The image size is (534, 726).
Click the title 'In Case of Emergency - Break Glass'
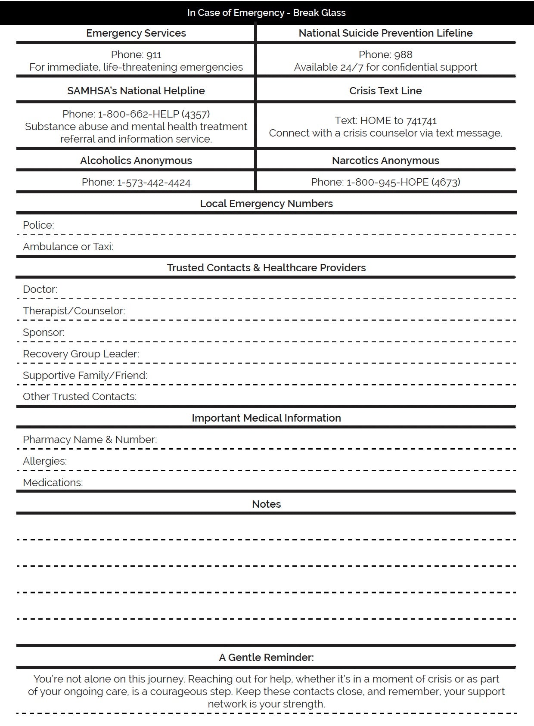coord(266,12)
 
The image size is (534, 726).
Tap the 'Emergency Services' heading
coord(136,33)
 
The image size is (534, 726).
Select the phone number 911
coord(154,55)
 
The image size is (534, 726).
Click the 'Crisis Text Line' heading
coord(385,91)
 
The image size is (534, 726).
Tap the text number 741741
coord(421,121)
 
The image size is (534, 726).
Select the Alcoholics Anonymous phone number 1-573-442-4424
coord(154,182)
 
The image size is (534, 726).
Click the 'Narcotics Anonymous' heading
coord(385,161)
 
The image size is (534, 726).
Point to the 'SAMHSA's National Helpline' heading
coord(136,91)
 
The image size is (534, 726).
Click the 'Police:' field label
coord(38,225)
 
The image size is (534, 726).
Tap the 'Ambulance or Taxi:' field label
coord(68,247)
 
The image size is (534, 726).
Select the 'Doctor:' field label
coord(40,289)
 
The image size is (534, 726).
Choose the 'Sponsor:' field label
coord(43,332)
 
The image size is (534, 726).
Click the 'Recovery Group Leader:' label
coord(81,354)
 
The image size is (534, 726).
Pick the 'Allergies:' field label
coord(45,461)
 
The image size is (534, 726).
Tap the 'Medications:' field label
coord(53,483)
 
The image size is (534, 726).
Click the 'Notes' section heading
coord(266,504)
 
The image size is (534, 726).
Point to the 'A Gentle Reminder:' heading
coord(266,658)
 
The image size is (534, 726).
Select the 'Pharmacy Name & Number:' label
coord(90,440)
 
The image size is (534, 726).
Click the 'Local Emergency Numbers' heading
coord(266,204)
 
